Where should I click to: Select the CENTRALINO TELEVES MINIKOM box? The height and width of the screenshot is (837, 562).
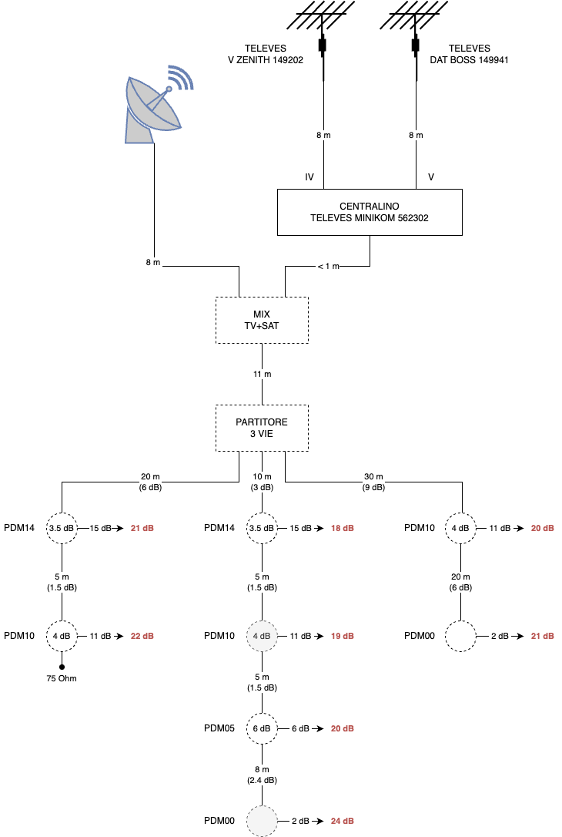tap(370, 212)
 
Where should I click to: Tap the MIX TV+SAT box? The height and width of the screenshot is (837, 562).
tap(262, 320)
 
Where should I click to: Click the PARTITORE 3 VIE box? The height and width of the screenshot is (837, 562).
tap(262, 428)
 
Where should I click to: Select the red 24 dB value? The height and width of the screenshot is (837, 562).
tap(343, 821)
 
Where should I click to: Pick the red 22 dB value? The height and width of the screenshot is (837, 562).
tap(142, 636)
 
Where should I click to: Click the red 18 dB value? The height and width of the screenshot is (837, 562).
tap(343, 528)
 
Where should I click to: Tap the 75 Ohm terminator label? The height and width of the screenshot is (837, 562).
tap(62, 678)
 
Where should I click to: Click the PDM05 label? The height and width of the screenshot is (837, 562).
tap(219, 728)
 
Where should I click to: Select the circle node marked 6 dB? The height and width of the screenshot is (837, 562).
tap(262, 728)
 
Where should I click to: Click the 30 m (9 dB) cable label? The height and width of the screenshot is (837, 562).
tap(373, 482)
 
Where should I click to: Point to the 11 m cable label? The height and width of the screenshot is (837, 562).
tap(262, 374)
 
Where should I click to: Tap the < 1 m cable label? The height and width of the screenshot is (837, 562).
tap(328, 266)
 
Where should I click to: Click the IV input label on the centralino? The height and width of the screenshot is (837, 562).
tap(309, 176)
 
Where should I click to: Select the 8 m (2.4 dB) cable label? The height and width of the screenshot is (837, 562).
tap(262, 775)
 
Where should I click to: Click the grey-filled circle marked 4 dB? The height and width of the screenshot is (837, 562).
tap(262, 636)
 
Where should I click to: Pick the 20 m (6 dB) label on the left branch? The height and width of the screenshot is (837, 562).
tap(150, 482)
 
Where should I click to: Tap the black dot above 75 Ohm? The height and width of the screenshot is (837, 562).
tap(62, 667)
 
